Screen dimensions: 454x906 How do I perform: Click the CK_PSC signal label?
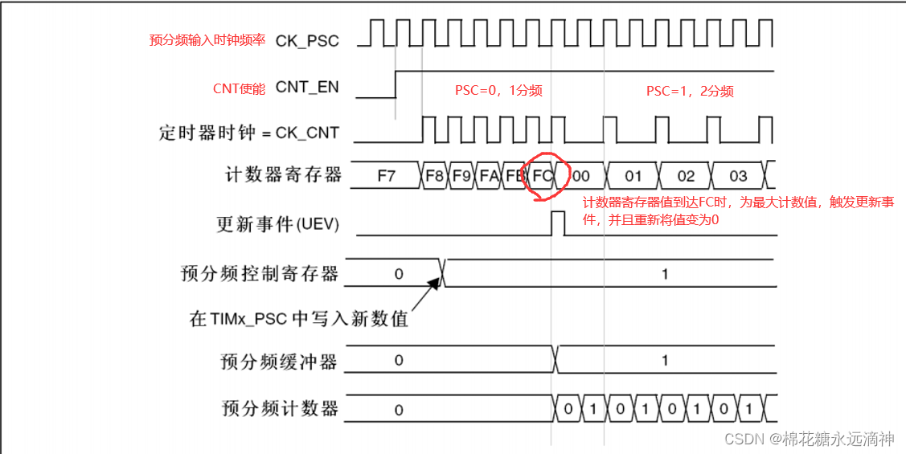[x=307, y=40]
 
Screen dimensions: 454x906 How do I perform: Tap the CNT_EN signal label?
[x=307, y=88]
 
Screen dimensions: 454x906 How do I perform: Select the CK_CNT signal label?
[x=307, y=133]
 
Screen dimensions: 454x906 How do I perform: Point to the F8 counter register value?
[x=434, y=175]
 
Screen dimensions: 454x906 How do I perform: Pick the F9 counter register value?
[x=461, y=175]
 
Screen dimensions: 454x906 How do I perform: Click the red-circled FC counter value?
[x=542, y=175]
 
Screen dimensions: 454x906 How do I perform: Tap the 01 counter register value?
[x=633, y=175]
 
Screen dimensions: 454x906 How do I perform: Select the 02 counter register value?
[x=686, y=175]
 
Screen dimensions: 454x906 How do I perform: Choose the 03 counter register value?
[x=738, y=175]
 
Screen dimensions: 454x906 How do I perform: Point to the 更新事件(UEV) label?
[x=277, y=225]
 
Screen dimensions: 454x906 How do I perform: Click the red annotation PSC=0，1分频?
[x=498, y=91]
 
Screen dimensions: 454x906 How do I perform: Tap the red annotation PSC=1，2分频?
[x=690, y=91]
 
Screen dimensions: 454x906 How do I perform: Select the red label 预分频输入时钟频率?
[x=207, y=40]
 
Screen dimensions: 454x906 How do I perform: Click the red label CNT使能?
[x=239, y=88]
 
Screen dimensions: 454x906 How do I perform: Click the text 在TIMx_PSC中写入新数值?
[x=299, y=319]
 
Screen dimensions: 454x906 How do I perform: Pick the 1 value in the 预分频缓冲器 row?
[x=665, y=361]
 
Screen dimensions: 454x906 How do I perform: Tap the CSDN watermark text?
[x=810, y=439]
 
